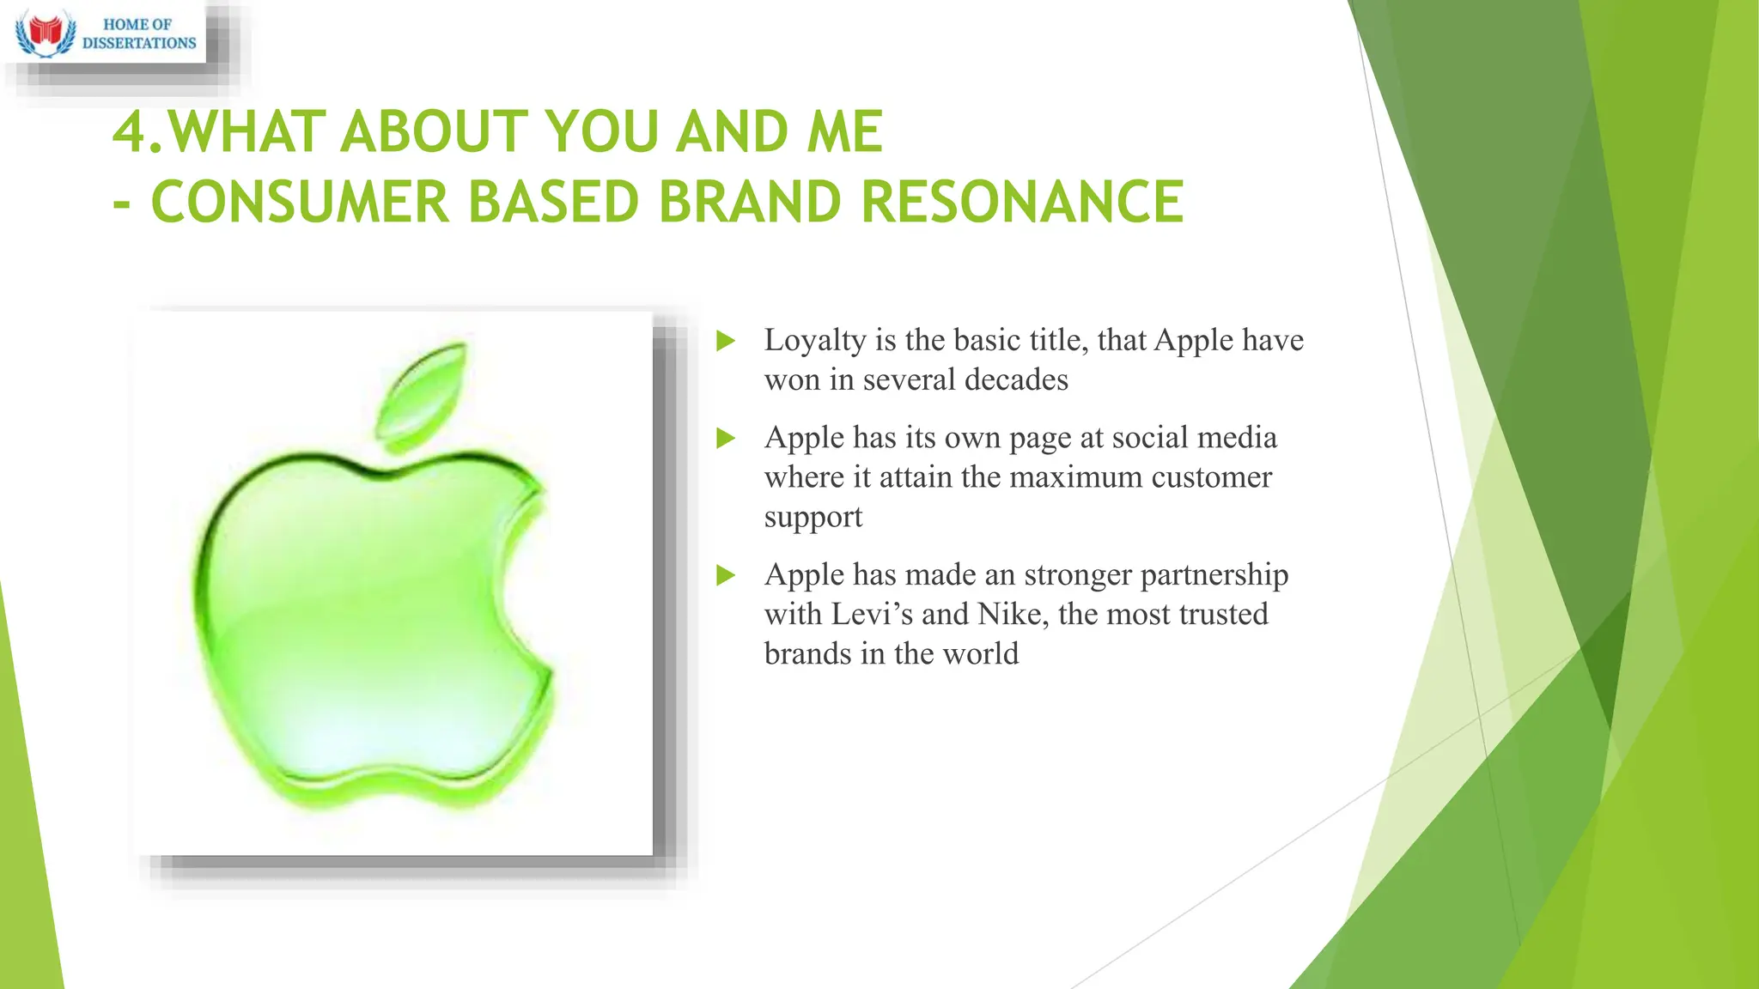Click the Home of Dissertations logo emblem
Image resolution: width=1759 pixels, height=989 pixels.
click(46, 33)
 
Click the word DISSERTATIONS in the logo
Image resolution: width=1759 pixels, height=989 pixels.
click(139, 43)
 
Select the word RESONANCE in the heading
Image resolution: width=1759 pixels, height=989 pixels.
click(1022, 203)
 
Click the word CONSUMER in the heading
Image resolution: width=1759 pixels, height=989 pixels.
click(300, 203)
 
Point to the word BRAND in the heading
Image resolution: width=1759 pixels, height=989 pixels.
click(750, 203)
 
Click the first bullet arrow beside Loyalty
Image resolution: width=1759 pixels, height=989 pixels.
click(726, 342)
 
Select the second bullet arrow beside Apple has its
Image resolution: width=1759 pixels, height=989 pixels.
click(726, 439)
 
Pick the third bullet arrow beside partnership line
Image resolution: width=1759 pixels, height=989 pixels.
click(726, 575)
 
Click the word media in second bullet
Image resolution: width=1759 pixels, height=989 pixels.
click(1237, 438)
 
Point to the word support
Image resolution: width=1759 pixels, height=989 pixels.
click(813, 518)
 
